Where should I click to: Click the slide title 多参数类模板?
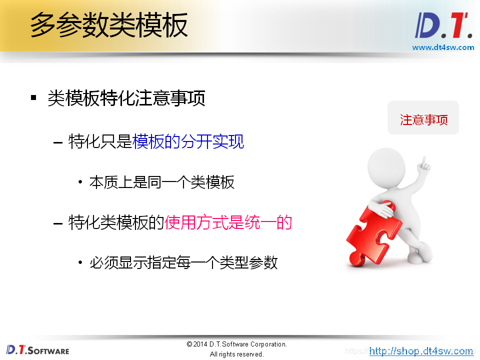[109, 25]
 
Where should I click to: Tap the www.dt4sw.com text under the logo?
[443, 47]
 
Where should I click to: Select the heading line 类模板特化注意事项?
[126, 98]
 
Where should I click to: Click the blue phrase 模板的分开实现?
[188, 142]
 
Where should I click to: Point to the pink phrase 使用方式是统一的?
[228, 222]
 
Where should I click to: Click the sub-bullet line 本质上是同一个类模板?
[161, 182]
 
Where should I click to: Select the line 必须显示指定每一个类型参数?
[183, 262]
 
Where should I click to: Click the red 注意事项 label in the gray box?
[423, 120]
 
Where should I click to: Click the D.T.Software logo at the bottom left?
[37, 349]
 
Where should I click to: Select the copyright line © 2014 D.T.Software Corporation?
[236, 344]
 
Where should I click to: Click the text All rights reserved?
[236, 354]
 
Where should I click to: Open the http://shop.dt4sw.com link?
[421, 351]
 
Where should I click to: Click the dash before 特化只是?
[58, 142]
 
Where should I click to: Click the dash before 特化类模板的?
[58, 223]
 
